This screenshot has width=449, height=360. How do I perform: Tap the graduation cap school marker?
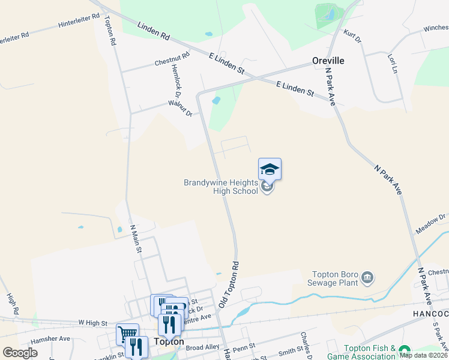point(270,169)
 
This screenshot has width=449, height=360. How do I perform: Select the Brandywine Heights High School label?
point(221,187)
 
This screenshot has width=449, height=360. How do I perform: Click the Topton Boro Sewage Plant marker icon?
point(368,278)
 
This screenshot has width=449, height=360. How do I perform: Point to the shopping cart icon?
point(127,334)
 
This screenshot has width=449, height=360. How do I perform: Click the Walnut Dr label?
point(180,109)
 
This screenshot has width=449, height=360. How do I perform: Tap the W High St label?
point(92,322)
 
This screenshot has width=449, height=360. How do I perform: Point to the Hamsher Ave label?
point(52,338)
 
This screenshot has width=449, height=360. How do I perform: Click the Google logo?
point(20,353)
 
